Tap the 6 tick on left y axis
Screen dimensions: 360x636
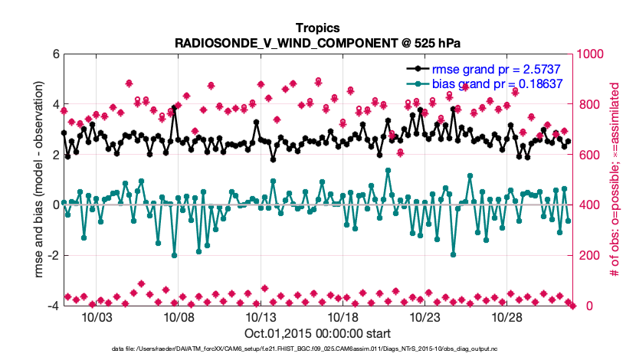coord(54,54)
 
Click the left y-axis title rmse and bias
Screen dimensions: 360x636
coord(36,180)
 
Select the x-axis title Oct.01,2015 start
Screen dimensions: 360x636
coord(318,333)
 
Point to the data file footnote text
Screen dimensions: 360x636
coord(318,349)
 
